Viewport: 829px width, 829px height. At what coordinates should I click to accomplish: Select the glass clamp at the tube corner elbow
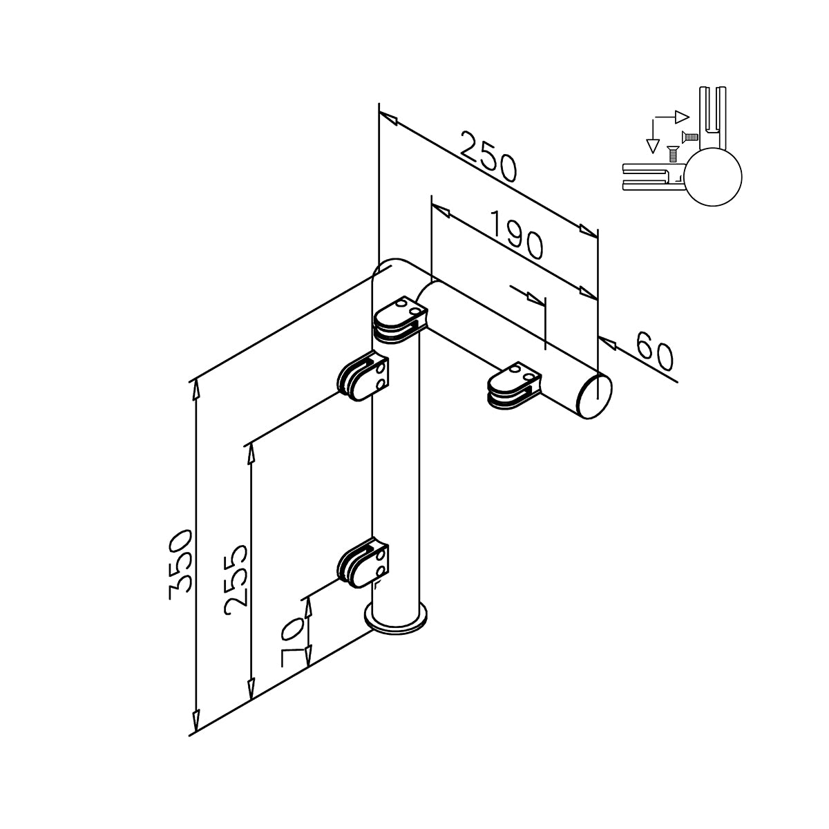(401, 319)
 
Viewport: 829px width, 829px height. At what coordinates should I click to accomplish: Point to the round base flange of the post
(396, 620)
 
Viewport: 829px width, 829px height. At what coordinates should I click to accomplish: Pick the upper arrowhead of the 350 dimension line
(196, 388)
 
